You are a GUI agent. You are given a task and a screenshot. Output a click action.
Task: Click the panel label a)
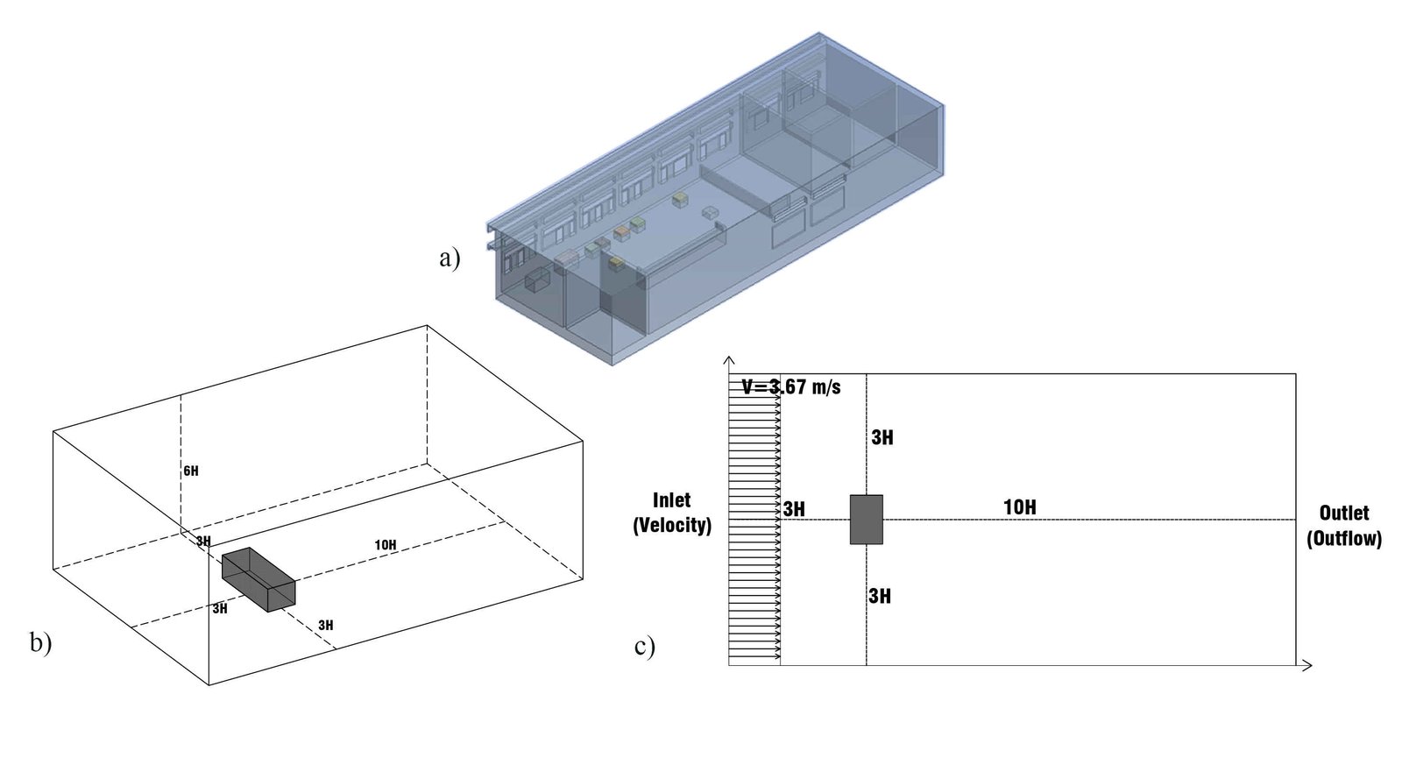click(450, 258)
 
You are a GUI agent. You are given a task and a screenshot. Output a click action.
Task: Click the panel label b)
click(41, 642)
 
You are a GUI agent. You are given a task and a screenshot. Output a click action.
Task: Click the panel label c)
click(645, 647)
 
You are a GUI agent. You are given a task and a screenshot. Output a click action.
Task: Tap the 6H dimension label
click(191, 471)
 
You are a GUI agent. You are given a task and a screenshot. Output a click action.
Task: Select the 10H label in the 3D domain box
click(386, 545)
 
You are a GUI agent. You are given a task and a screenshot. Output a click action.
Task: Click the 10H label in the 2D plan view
click(1020, 506)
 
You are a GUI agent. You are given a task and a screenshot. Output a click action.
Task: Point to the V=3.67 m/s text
click(791, 386)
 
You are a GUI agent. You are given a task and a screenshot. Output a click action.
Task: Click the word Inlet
click(672, 500)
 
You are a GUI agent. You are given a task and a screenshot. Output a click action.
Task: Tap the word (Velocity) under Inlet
click(672, 526)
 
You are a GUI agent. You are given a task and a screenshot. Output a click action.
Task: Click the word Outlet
click(1344, 514)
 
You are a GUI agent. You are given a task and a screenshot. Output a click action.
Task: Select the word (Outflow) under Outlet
click(1344, 539)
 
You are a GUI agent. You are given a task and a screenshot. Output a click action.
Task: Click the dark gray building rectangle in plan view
click(867, 520)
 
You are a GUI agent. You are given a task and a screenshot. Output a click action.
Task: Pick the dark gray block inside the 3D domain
click(258, 579)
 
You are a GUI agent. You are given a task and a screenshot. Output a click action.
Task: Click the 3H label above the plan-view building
click(882, 437)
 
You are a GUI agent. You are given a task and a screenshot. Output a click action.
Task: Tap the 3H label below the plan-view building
click(880, 596)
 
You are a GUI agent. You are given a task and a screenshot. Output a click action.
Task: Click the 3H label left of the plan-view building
click(794, 509)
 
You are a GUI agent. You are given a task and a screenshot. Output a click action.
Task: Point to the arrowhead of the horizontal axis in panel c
click(1308, 666)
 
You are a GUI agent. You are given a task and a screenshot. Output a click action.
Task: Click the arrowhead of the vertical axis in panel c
click(728, 360)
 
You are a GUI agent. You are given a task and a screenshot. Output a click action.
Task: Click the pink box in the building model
click(567, 257)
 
